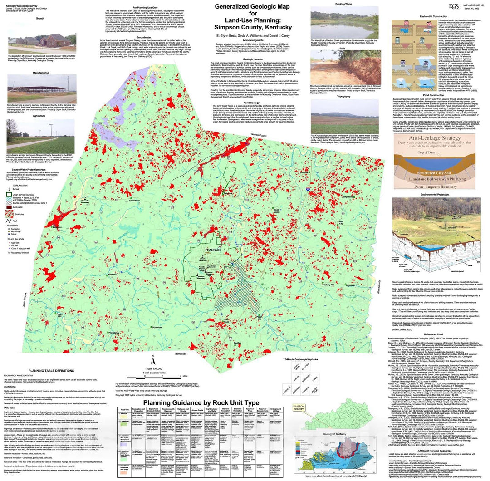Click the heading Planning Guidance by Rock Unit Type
[x=201, y=403]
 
